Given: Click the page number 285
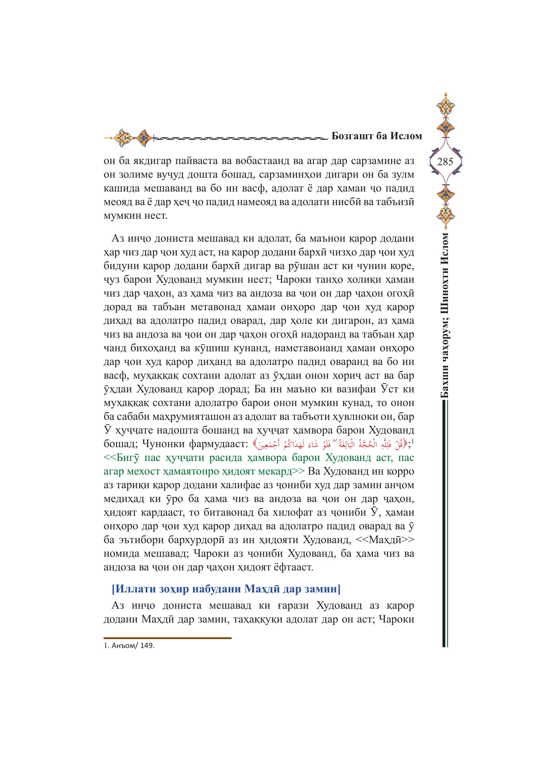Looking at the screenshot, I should [x=445, y=162].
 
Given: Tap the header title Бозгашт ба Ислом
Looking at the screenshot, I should [x=377, y=136].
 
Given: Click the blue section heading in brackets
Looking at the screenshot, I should [x=226, y=589].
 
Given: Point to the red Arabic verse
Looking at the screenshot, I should [x=330, y=445].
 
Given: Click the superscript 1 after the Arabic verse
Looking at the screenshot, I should [x=413, y=442].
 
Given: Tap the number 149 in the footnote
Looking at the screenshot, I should [x=147, y=645].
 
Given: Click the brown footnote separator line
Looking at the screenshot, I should [x=167, y=638].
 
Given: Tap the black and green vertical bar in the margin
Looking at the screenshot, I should [x=445, y=522].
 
